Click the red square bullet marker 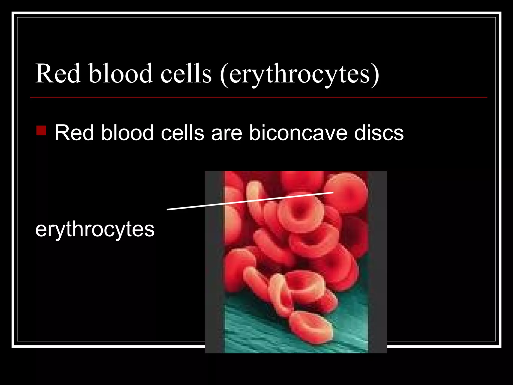[41, 130]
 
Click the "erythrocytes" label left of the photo [95, 229]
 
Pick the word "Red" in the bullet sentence [74, 133]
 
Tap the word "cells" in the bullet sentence [182, 133]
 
